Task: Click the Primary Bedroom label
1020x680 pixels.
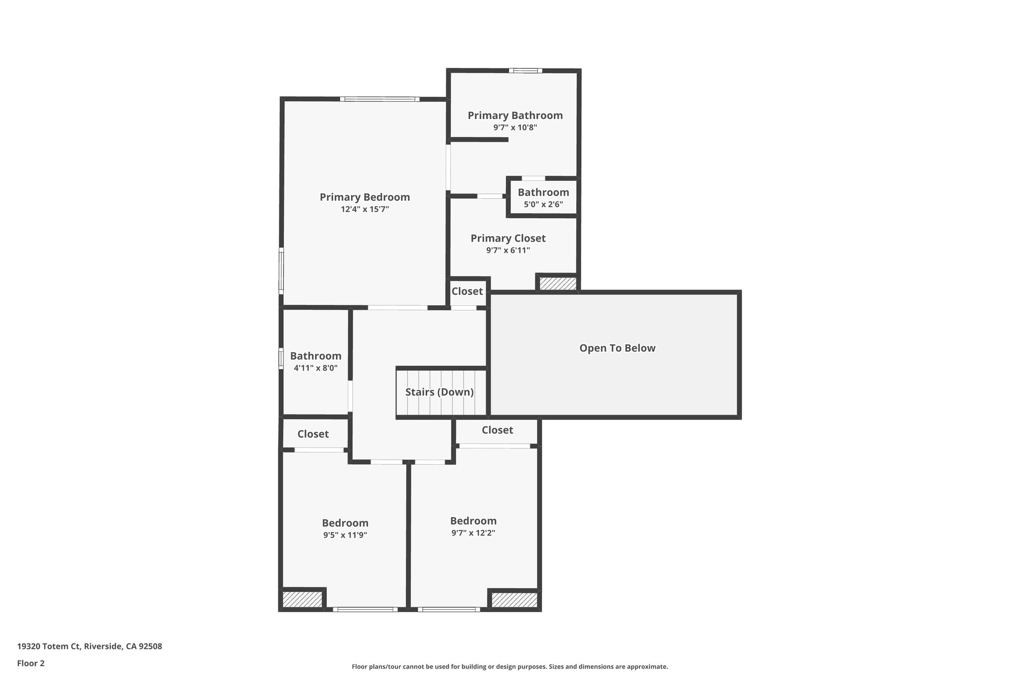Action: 365,197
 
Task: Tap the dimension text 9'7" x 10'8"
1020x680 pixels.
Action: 515,128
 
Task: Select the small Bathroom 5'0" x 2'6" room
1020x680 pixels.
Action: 543,198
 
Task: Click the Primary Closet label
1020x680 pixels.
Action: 508,239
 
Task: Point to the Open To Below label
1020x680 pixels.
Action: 617,348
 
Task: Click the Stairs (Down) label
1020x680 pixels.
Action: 439,392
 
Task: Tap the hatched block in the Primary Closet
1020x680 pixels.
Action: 558,284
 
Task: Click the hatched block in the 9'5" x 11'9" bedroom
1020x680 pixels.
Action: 302,599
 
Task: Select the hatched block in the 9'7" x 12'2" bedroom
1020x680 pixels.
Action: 514,600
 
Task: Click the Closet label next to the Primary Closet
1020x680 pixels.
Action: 467,291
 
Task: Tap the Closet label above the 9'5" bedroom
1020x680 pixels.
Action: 313,434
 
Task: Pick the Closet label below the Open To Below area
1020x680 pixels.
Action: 497,430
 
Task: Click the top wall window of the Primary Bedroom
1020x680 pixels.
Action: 380,99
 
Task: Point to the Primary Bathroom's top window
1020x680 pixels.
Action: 525,71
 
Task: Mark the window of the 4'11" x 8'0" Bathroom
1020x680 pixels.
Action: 281,358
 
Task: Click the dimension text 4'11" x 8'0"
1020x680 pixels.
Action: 315,368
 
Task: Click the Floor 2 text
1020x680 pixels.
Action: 31,663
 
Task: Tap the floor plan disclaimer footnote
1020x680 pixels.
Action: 510,667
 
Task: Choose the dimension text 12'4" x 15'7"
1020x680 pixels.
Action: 365,209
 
